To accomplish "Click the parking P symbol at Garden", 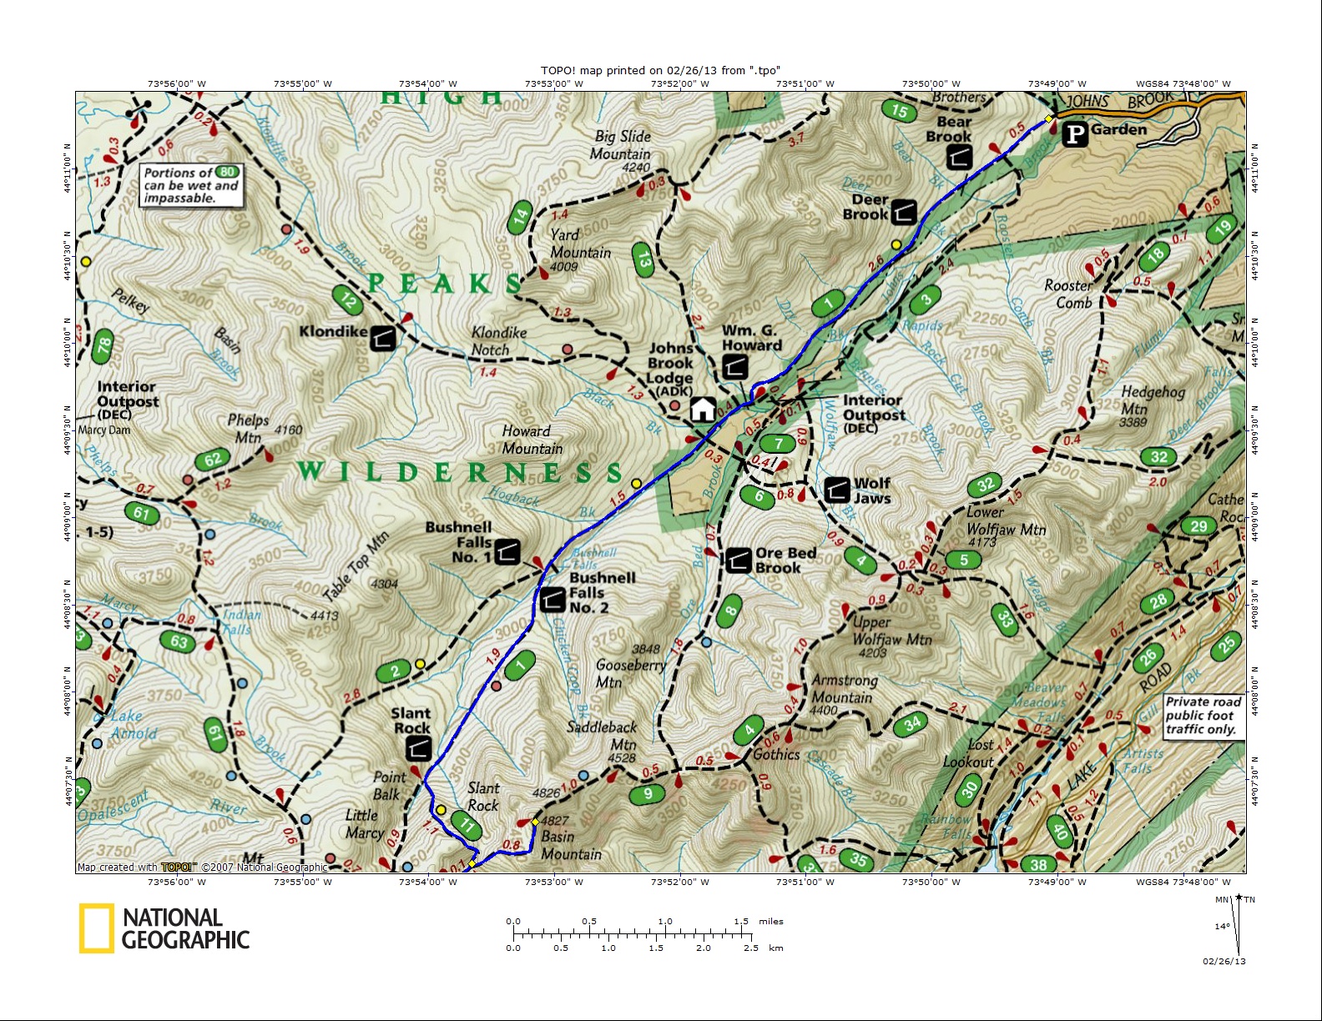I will [x=1075, y=133].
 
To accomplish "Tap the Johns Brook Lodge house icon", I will [x=703, y=409].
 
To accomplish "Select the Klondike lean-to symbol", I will [x=383, y=337].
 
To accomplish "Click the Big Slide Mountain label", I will [x=622, y=145].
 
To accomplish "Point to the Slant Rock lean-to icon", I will [x=418, y=748].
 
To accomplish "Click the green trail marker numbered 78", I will [x=103, y=345].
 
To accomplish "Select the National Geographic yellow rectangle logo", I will [x=96, y=928].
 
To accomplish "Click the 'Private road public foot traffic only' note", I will [x=1202, y=716].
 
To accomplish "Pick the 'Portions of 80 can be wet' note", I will [x=191, y=185].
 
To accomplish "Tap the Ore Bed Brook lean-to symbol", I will [x=738, y=561].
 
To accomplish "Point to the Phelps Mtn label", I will [x=248, y=428].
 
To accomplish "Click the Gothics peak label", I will [x=776, y=754].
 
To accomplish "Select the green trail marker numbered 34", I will [x=913, y=723].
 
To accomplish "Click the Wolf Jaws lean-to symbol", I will [x=837, y=490].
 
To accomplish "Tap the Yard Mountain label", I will [x=580, y=244].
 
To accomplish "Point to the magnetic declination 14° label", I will [x=1222, y=927].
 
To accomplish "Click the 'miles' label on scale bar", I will [x=771, y=922].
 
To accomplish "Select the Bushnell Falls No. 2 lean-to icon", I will [x=553, y=599].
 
